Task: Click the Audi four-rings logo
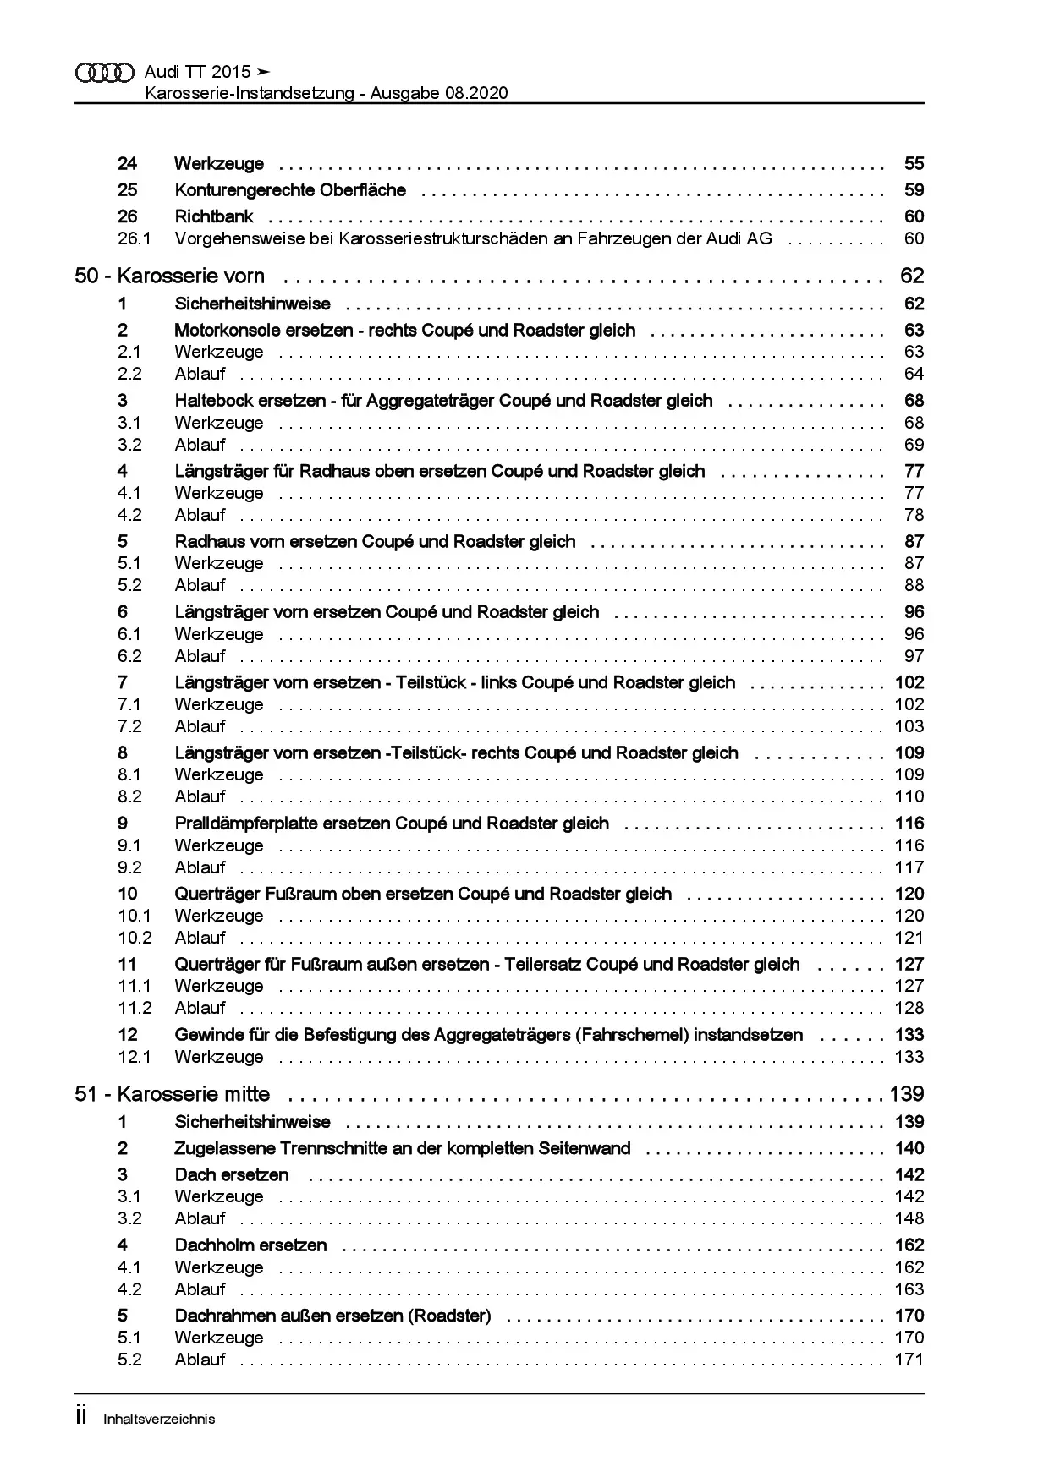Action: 105,73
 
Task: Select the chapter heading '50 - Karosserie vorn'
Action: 169,276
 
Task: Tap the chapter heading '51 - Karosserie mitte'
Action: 173,1094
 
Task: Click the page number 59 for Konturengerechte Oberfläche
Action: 914,190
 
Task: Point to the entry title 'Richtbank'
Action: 214,216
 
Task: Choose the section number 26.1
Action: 134,238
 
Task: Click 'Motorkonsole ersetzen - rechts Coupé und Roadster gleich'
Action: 404,331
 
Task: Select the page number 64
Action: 914,374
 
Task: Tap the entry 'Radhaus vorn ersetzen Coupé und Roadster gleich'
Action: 375,542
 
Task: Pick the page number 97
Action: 914,656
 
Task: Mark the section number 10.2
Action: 135,938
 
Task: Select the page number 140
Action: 909,1148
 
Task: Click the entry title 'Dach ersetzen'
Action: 231,1175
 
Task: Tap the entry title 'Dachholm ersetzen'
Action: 250,1245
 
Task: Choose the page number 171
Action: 909,1360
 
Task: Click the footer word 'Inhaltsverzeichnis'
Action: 159,1420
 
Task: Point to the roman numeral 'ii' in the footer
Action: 81,1417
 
